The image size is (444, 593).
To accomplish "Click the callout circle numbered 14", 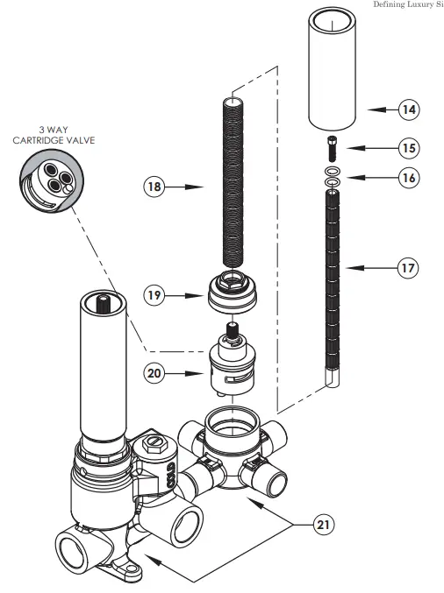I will [x=408, y=109].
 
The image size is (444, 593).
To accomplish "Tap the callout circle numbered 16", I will [x=408, y=178].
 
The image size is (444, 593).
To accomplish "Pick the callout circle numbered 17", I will [x=408, y=268].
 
